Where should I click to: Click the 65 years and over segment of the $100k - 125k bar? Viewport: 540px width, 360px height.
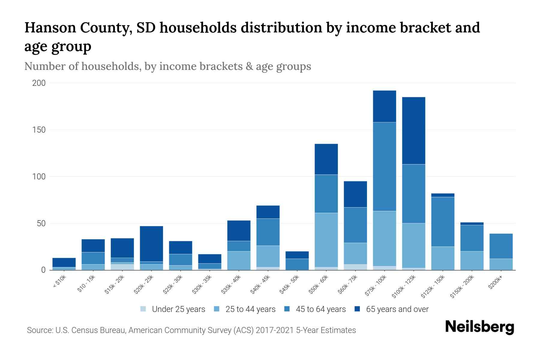coord(413,130)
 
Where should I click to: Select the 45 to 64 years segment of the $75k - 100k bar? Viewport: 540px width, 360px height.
coord(384,166)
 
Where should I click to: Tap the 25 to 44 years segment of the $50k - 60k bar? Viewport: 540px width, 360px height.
coord(326,240)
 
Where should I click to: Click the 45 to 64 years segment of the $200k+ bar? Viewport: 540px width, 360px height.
coord(501,246)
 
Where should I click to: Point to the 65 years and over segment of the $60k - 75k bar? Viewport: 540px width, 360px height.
coord(355,194)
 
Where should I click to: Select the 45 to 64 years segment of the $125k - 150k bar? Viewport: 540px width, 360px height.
coord(442,222)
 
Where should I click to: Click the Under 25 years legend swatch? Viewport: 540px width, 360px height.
coord(143,309)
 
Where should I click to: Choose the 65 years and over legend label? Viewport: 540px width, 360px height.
coord(397,309)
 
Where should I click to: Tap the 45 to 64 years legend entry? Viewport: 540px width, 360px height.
coord(321,309)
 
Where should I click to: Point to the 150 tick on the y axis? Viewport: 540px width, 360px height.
coord(39,130)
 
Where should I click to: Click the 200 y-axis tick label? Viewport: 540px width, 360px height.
coord(39,83)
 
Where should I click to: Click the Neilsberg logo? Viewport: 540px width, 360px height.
coord(479,327)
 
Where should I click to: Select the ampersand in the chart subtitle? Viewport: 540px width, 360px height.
coord(249,66)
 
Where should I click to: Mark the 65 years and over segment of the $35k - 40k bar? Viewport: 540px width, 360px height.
coord(239,231)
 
